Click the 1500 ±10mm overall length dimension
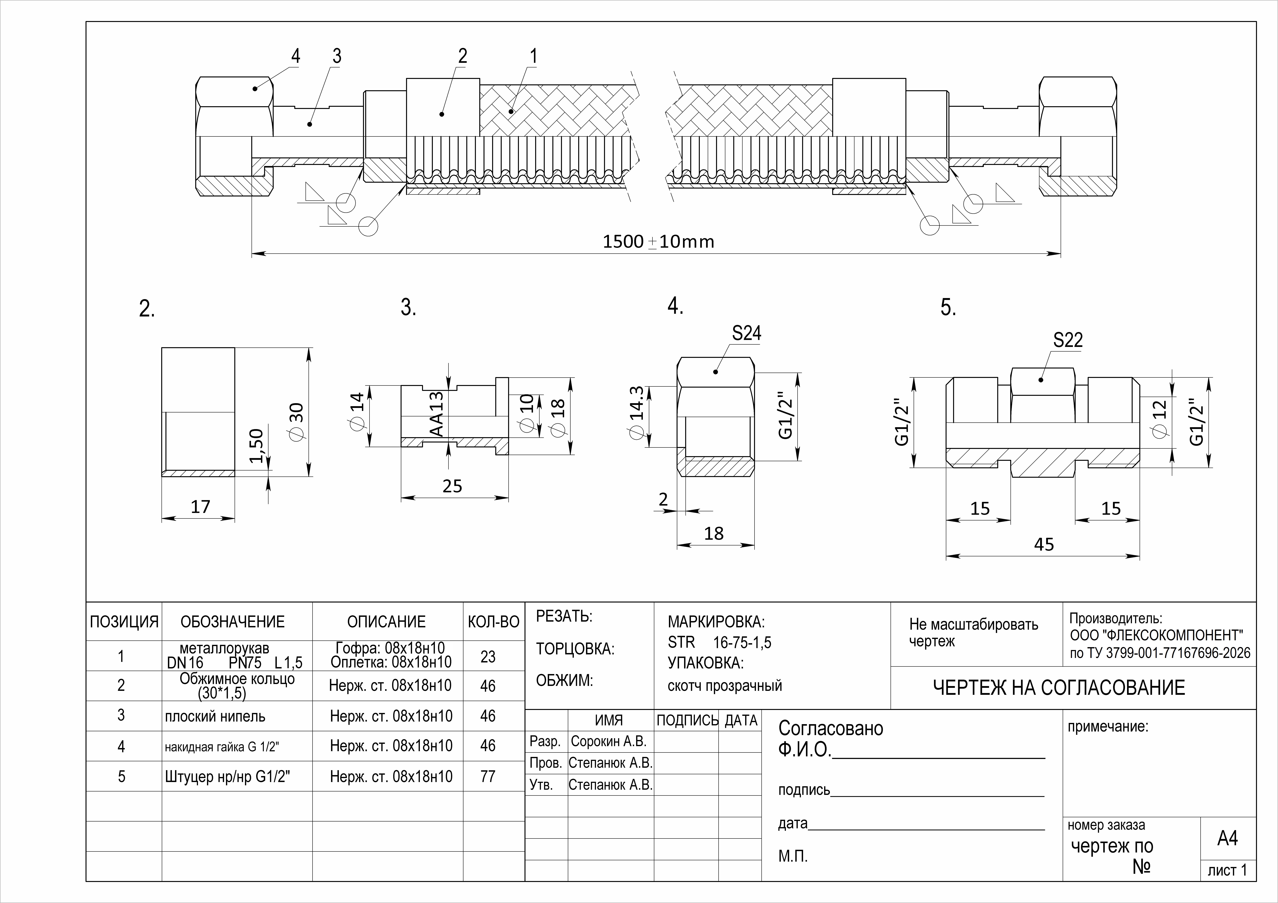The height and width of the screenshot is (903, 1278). pos(659,242)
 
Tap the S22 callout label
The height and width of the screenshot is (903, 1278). pos(1068,340)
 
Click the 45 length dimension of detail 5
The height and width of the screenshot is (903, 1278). pos(1044,544)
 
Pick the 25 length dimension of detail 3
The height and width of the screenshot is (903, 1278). pos(452,486)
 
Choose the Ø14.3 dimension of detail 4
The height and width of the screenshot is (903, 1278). pos(636,412)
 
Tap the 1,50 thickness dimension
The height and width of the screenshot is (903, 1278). pos(256,446)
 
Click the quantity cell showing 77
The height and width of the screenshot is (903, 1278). pos(488,776)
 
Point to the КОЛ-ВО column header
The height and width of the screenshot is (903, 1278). pos(494,621)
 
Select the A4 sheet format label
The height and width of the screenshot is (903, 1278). pos(1227,838)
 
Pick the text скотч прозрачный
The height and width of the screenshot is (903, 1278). pos(725,686)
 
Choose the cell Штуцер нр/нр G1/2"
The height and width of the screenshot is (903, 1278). pos(228,776)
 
